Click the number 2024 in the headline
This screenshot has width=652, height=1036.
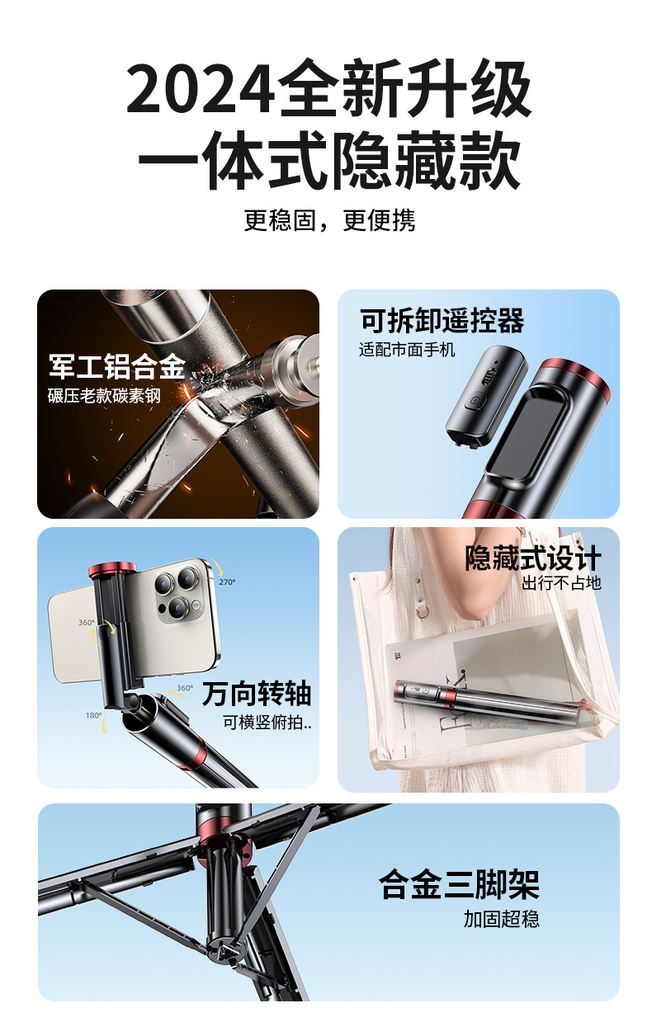pyautogui.click(x=201, y=88)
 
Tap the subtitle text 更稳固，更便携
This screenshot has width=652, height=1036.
pyautogui.click(x=329, y=219)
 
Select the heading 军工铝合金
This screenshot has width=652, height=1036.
pyautogui.click(x=117, y=367)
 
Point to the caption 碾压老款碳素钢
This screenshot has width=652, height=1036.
pyautogui.click(x=104, y=396)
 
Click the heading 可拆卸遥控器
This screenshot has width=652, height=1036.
pyautogui.click(x=442, y=321)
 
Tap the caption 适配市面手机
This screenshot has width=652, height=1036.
pyautogui.click(x=407, y=350)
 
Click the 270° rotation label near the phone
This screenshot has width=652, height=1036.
pyautogui.click(x=227, y=582)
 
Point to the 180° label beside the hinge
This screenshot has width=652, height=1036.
pyautogui.click(x=93, y=715)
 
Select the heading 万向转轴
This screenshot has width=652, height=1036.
pyautogui.click(x=257, y=694)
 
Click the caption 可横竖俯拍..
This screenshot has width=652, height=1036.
pyautogui.click(x=267, y=722)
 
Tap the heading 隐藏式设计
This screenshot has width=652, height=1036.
pyautogui.click(x=533, y=558)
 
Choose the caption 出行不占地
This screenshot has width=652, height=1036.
pyautogui.click(x=561, y=582)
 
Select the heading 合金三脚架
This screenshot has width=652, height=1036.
pyautogui.click(x=459, y=884)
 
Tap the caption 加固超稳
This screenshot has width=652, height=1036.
pyautogui.click(x=502, y=919)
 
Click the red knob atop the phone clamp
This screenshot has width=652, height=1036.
pyautogui.click(x=112, y=571)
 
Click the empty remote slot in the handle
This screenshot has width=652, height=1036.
pyautogui.click(x=527, y=435)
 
